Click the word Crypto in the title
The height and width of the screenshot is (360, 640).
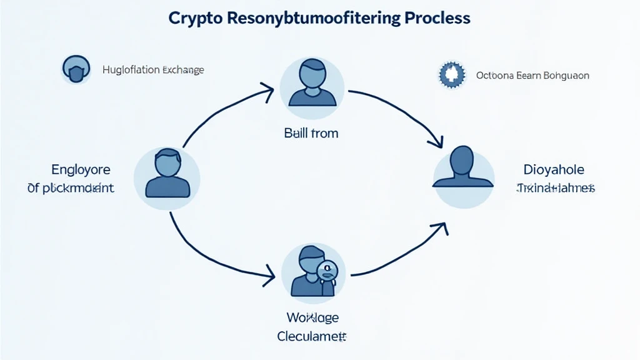pos(194,18)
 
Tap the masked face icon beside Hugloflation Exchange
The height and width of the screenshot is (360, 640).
pos(76,69)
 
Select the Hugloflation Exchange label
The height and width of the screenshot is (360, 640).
pos(153,70)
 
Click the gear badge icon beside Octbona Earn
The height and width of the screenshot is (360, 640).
pos(453,76)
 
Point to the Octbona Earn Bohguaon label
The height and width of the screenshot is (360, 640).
pos(532,76)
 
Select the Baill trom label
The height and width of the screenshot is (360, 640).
pos(311,133)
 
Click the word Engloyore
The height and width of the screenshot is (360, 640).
pos(81,169)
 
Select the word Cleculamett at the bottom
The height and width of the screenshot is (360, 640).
pos(311,336)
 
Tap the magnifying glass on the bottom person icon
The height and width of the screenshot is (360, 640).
pos(326,271)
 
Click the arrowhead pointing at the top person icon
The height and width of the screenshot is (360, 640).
pos(267,94)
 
